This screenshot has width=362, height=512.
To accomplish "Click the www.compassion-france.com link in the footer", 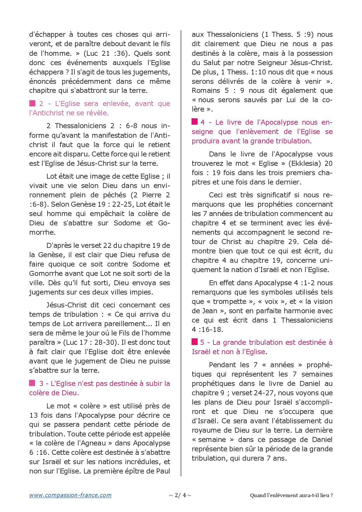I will coord(70,495).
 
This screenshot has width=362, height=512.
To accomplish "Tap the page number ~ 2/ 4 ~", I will coord(180,495).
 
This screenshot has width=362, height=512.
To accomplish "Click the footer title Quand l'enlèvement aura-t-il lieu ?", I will coord(291,495).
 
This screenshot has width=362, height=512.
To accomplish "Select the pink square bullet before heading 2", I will coord(32,103).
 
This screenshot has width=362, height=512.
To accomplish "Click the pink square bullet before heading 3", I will coord(32,383).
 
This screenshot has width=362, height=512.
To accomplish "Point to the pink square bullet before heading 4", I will coord(195,122).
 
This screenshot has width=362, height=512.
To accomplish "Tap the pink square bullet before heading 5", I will coord(195,342).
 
